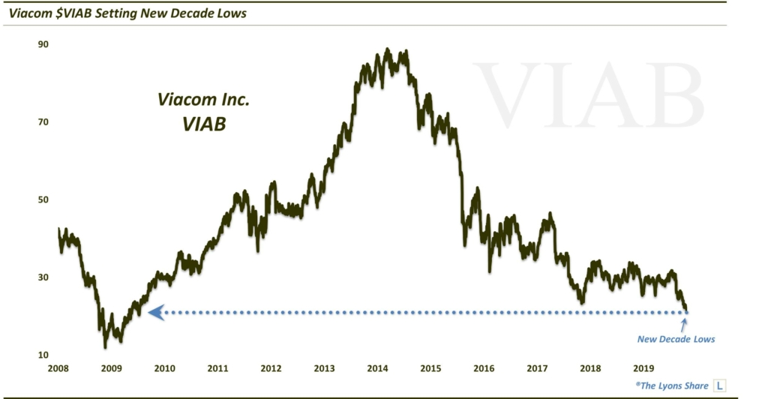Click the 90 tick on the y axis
pyautogui.click(x=43, y=44)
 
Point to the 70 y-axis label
pyautogui.click(x=43, y=121)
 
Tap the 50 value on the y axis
pyautogui.click(x=43, y=199)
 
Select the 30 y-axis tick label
pyautogui.click(x=43, y=277)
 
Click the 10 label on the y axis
pyautogui.click(x=43, y=355)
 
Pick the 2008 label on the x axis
pyautogui.click(x=58, y=369)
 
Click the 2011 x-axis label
pyautogui.click(x=217, y=369)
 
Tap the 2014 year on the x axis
pyautogui.click(x=377, y=369)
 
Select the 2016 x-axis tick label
pyautogui.click(x=484, y=369)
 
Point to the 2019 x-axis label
pyautogui.click(x=643, y=369)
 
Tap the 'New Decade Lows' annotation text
pyautogui.click(x=676, y=339)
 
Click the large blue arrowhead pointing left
pyautogui.click(x=156, y=312)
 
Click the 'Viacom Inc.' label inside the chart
pyautogui.click(x=193, y=100)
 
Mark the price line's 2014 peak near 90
pyautogui.click(x=387, y=50)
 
